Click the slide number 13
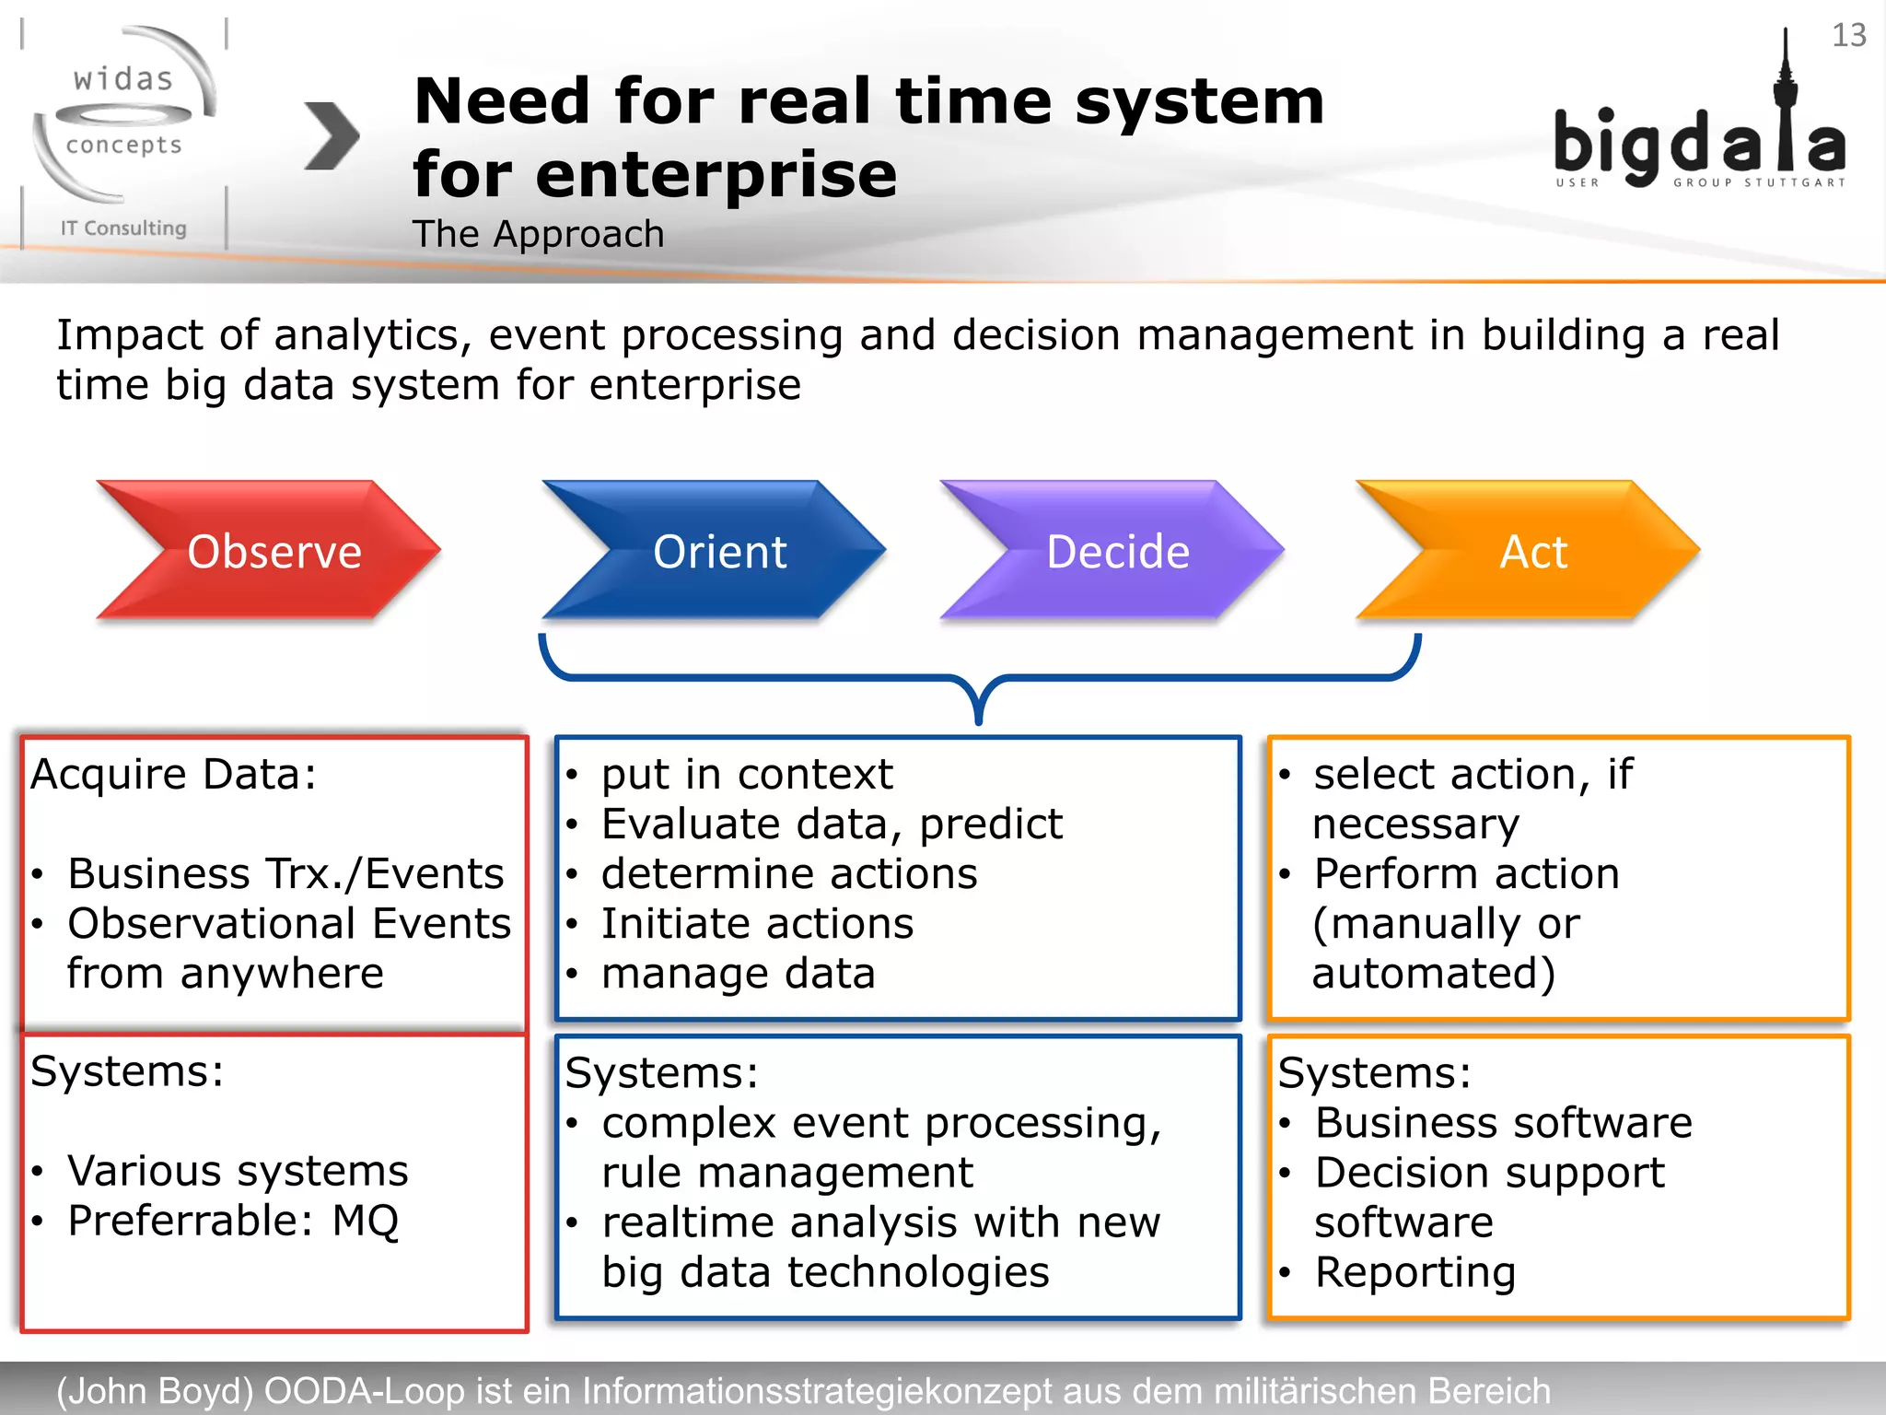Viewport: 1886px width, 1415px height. click(x=1848, y=35)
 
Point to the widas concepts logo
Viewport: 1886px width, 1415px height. click(x=123, y=120)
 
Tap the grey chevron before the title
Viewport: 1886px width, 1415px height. click(x=331, y=135)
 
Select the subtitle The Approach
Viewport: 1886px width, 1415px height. click(x=538, y=234)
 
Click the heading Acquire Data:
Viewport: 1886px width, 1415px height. click(x=174, y=774)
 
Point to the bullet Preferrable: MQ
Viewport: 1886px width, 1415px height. click(x=232, y=1221)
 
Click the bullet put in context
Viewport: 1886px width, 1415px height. click(x=746, y=774)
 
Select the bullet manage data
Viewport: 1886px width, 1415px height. click(x=738, y=973)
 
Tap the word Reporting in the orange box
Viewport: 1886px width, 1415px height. click(x=1414, y=1272)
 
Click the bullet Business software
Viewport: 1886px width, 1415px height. click(x=1503, y=1122)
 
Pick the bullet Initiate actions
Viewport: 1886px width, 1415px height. click(x=757, y=923)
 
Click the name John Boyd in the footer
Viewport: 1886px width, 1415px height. click(x=155, y=1390)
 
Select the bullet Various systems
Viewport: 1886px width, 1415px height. click(x=238, y=1171)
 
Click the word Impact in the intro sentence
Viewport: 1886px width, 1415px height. click(x=129, y=334)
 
